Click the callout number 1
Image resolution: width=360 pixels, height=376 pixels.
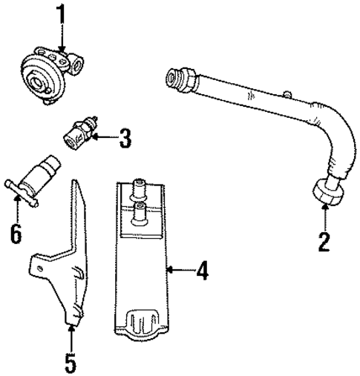62,14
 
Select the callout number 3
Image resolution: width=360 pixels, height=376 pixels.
124,137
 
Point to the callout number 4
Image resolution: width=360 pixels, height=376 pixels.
200,271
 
